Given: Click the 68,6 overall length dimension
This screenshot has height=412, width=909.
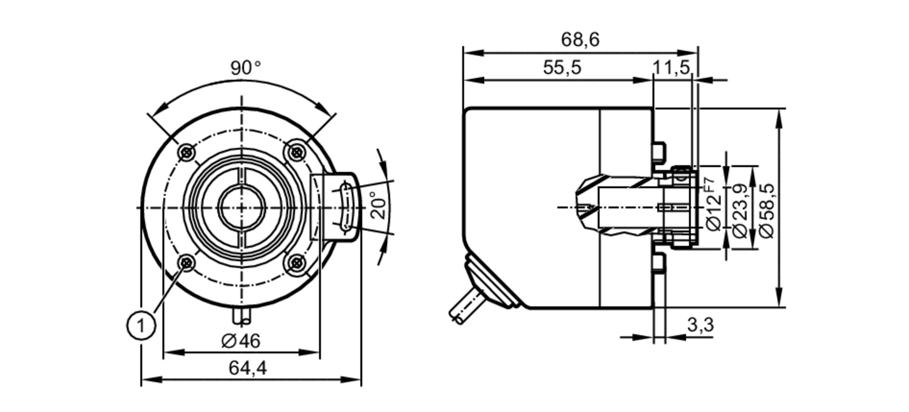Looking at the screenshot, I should [580, 40].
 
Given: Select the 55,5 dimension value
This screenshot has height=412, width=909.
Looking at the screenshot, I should [562, 68].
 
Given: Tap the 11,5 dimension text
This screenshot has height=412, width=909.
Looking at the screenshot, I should [671, 68].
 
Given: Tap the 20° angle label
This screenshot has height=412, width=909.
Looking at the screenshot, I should [379, 205].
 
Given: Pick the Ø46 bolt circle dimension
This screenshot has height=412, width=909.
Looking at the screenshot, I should [241, 341].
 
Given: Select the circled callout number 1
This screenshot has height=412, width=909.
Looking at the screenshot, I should [141, 325].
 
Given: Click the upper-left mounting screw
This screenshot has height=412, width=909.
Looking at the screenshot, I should [187, 152].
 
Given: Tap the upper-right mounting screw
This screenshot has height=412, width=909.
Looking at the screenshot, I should [297, 152].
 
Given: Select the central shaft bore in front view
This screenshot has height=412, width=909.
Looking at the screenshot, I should [241, 207].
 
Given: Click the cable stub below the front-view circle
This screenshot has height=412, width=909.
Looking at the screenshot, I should [241, 316].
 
